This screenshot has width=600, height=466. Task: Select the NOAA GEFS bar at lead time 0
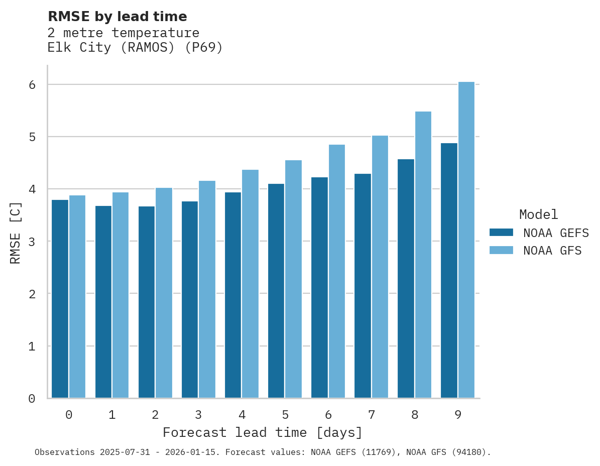click(60, 299)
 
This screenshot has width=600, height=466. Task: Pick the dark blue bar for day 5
click(276, 291)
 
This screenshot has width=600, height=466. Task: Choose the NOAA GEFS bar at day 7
click(363, 286)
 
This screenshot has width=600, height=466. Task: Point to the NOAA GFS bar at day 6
click(337, 271)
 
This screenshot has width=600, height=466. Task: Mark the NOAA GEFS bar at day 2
click(147, 302)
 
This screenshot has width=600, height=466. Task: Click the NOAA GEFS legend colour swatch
click(501, 232)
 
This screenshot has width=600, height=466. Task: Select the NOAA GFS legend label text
click(552, 251)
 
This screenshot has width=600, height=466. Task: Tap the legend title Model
click(538, 214)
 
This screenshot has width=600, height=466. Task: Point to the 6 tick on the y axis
click(32, 85)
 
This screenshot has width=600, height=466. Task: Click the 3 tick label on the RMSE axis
click(32, 242)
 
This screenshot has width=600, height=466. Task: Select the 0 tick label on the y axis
click(32, 399)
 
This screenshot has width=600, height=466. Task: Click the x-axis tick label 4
click(242, 415)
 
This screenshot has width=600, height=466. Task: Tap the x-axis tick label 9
click(458, 415)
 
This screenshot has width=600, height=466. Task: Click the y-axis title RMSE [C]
click(16, 232)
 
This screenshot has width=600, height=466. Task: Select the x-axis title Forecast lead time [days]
click(262, 432)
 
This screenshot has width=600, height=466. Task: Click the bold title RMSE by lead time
click(117, 17)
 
